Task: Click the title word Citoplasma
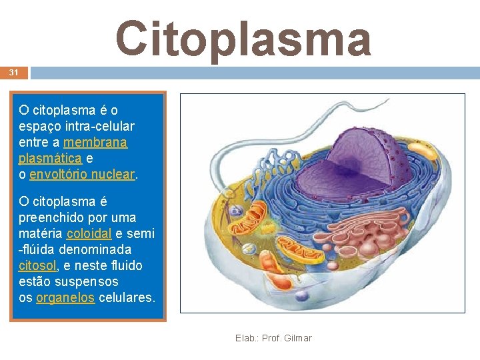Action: point(243,38)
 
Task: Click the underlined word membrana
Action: point(95,142)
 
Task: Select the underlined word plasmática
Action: point(51,158)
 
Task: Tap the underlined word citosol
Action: point(37,265)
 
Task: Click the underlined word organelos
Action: point(65,297)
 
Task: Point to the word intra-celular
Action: point(96,126)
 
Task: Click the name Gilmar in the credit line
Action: point(297,338)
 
